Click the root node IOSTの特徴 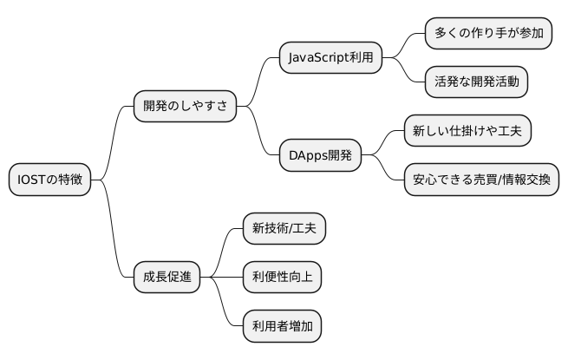[x=50, y=180]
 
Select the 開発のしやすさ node [x=185, y=107]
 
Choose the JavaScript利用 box [x=330, y=58]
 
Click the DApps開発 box [x=320, y=155]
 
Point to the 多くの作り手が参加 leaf [x=489, y=34]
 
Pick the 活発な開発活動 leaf [x=476, y=82]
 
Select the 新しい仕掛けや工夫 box [x=467, y=131]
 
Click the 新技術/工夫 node [x=274, y=229]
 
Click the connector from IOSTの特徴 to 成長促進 [x=113, y=234]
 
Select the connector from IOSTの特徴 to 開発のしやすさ [x=113, y=139]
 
